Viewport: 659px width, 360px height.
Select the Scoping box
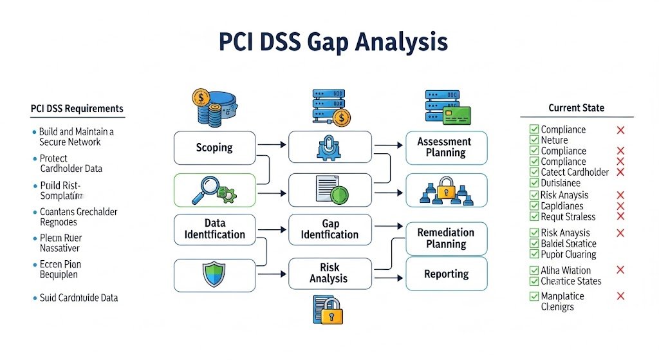pos(214,147)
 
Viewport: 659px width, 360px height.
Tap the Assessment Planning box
pos(446,147)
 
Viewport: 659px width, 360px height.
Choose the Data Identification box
pos(214,229)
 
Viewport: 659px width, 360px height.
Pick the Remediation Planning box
pos(446,238)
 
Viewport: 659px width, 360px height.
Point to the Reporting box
pos(446,274)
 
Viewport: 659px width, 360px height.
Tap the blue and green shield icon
pos(214,274)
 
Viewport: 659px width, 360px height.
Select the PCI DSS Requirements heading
pos(77,108)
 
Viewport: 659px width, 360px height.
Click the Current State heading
pos(576,108)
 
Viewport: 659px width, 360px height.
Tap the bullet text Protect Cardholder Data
pos(71,164)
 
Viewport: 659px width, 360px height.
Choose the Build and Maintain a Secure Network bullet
pos(76,137)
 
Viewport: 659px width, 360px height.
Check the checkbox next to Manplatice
pos(534,296)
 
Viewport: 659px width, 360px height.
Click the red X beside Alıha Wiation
pos(620,270)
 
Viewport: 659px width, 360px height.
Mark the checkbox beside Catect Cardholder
pos(534,172)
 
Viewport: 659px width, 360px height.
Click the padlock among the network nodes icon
pos(446,191)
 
